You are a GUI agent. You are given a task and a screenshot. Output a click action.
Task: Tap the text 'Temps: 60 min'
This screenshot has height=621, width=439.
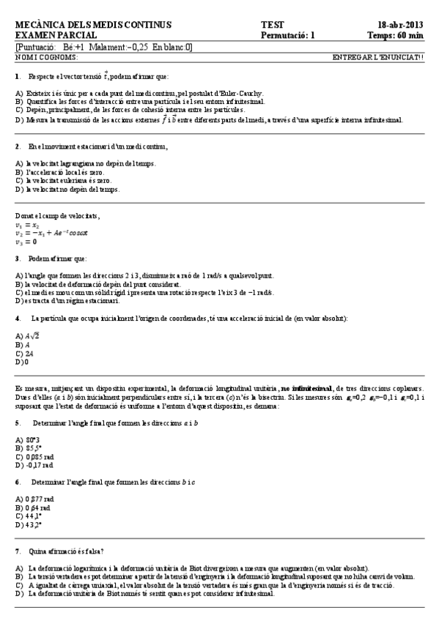[395, 34]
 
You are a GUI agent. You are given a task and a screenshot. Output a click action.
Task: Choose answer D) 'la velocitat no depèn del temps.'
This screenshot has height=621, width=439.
[67, 189]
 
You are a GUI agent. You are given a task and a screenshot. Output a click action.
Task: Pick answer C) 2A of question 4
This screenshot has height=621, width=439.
[23, 352]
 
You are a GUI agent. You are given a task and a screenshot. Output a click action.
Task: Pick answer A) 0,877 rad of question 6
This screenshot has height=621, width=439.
[34, 498]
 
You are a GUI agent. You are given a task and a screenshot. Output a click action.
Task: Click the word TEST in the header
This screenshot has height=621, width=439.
[272, 24]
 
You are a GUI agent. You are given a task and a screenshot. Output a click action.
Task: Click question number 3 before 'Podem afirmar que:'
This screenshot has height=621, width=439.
[17, 259]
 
